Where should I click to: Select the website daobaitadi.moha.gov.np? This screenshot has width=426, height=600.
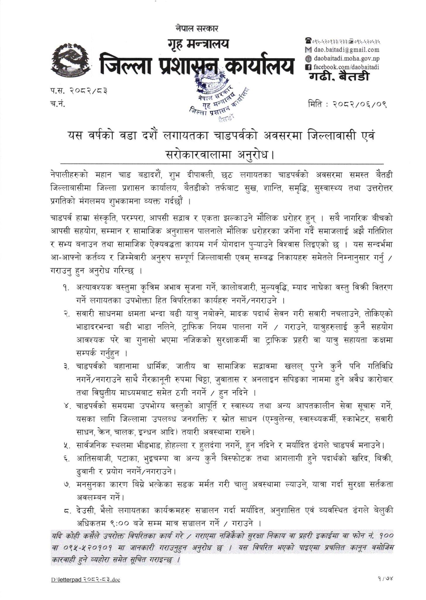[346, 58]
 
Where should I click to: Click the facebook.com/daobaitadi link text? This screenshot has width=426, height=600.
[346, 67]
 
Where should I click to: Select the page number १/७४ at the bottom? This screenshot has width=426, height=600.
[384, 579]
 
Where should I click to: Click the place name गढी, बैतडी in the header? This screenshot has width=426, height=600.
[339, 77]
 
